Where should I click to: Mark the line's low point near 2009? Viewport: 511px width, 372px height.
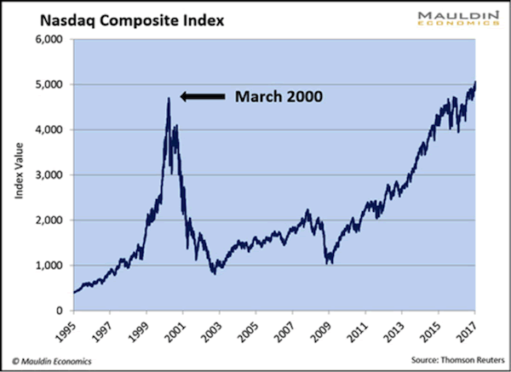pos(329,264)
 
